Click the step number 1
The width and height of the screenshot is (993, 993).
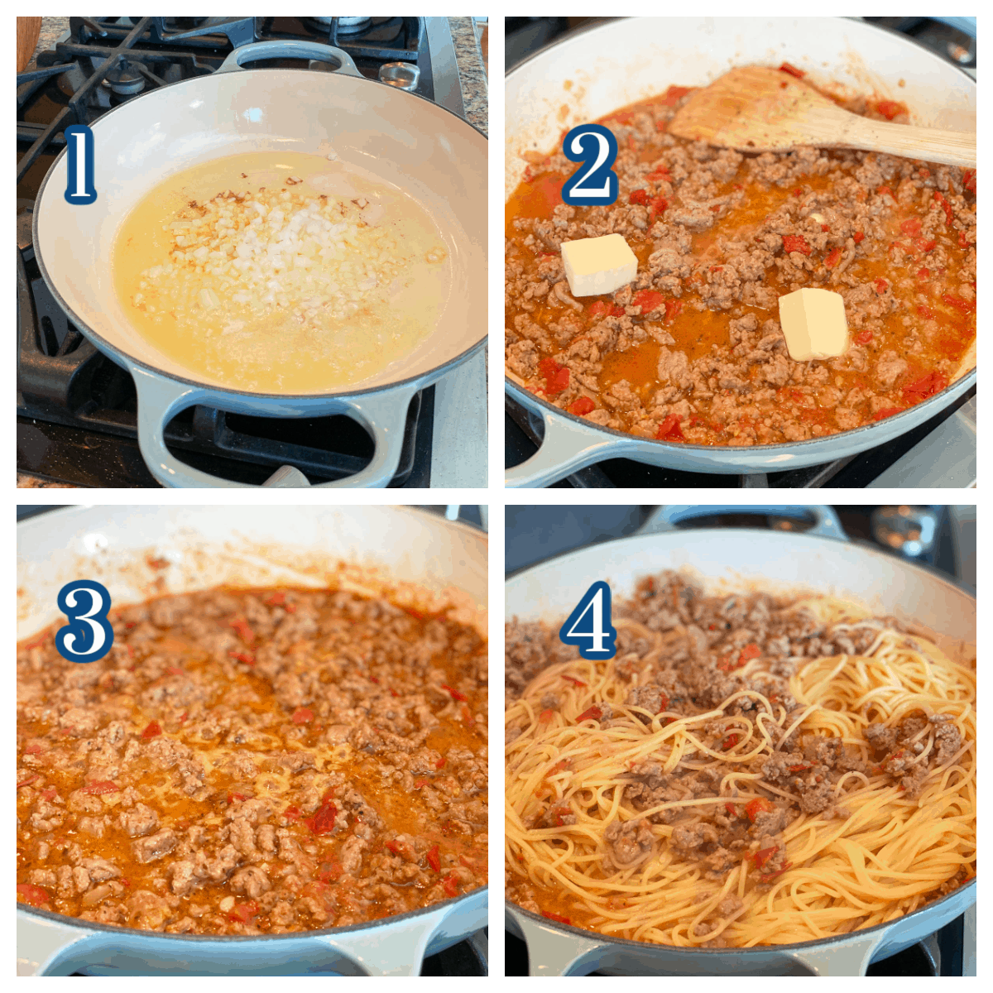click(x=80, y=164)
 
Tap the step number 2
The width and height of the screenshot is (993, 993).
click(x=589, y=164)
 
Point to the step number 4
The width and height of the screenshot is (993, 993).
click(x=588, y=620)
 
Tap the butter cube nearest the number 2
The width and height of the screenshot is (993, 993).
click(x=599, y=265)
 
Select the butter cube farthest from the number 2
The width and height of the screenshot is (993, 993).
click(x=813, y=324)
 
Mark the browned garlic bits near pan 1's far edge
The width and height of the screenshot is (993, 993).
click(x=227, y=199)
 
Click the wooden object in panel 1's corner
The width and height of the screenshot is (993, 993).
click(x=28, y=41)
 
